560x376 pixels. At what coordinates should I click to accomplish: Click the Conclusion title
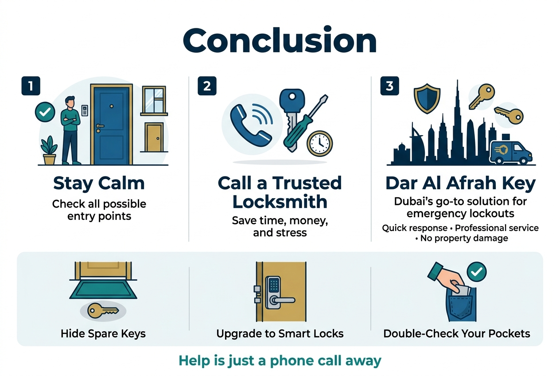tap(280, 40)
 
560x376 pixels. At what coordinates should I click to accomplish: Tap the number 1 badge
tap(31, 86)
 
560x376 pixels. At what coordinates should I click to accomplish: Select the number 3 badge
tap(389, 86)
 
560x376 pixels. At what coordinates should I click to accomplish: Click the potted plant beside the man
tap(49, 150)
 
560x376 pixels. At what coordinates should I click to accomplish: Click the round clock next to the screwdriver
tap(320, 144)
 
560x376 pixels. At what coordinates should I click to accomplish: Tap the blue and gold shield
tap(427, 98)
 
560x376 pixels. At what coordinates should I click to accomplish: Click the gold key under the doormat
tap(103, 310)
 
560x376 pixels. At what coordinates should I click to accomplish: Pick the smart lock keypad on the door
tap(273, 285)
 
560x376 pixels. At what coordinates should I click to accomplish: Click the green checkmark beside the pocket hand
tap(477, 272)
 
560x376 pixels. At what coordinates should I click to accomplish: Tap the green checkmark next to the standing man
tap(45, 112)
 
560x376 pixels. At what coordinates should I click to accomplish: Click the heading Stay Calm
tap(99, 184)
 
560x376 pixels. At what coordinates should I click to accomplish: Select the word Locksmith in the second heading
tap(280, 202)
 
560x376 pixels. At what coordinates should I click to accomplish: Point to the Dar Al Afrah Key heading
tap(460, 184)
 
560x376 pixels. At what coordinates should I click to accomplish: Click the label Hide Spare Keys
tap(103, 334)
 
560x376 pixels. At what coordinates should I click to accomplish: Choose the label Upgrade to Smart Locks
tap(280, 334)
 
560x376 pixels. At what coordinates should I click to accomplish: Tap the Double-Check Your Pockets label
tap(457, 334)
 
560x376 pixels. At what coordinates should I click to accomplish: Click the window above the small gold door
tap(154, 101)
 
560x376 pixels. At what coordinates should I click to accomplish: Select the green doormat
tap(103, 290)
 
